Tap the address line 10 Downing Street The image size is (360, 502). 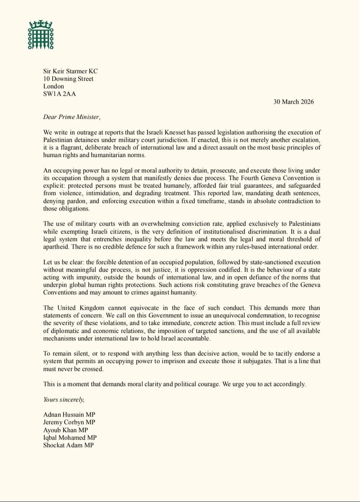[x=68, y=79]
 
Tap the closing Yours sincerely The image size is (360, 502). [x=64, y=399]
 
